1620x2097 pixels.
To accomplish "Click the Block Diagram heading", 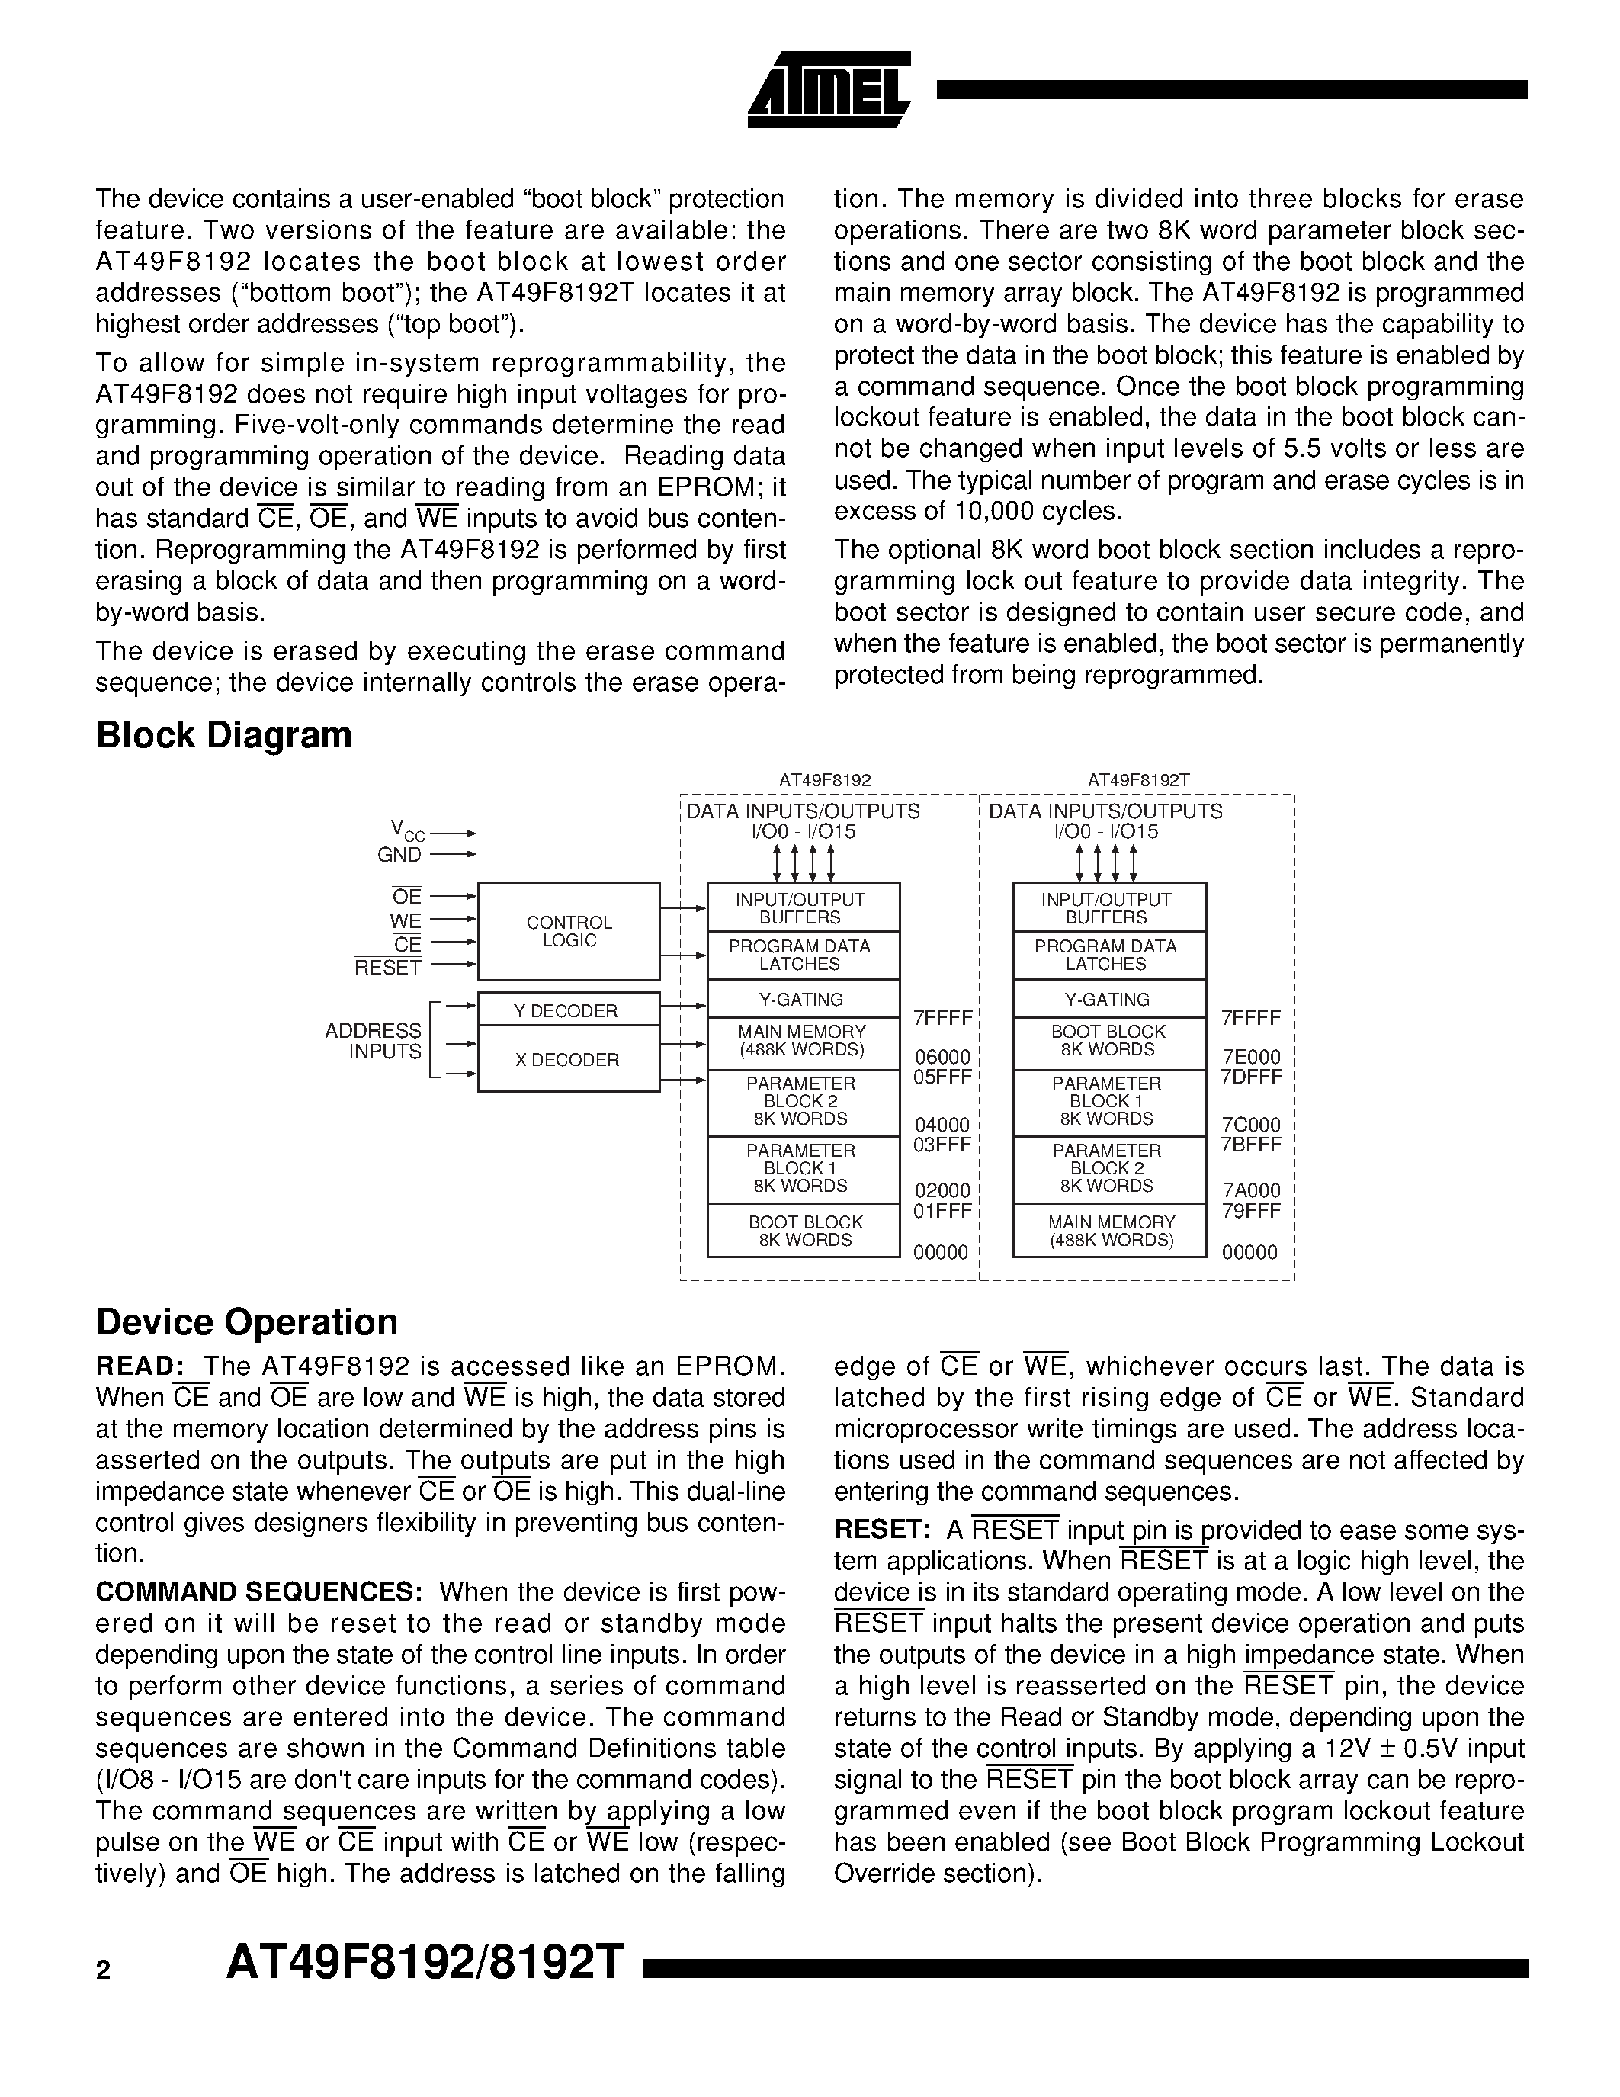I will click(223, 736).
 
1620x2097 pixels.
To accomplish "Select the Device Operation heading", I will click(247, 1322).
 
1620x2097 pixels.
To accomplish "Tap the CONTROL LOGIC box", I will click(569, 931).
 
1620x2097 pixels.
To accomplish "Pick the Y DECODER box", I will click(568, 1010).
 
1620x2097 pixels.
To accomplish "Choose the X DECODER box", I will click(568, 1059).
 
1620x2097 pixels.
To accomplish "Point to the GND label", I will click(399, 855).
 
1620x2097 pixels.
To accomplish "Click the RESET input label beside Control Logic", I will click(388, 968).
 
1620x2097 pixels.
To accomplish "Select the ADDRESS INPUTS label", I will click(374, 1041).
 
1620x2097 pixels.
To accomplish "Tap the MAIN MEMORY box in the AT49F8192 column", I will click(802, 1041).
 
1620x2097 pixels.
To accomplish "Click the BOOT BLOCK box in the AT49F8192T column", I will click(1108, 1041).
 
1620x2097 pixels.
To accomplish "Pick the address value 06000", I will click(942, 1057).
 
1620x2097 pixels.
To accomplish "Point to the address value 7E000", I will click(1250, 1057).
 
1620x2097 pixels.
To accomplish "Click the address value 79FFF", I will click(1250, 1211).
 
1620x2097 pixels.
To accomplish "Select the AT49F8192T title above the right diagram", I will click(1138, 781).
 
